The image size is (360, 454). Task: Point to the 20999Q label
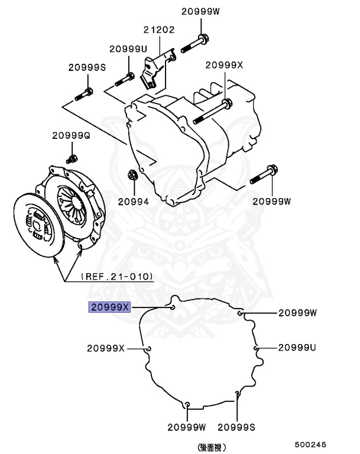pos(71,135)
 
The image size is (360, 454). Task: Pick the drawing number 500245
pos(311,444)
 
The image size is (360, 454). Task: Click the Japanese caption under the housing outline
pos(212,447)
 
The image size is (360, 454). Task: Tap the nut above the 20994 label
pos(132,175)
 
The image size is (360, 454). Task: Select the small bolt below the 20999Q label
pos(72,158)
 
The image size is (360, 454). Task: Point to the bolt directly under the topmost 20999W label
pos(195,42)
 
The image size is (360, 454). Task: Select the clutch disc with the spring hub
pos(39,224)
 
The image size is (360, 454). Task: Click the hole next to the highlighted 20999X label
pos(171,307)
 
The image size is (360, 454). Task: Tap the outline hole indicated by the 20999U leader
pos(256,348)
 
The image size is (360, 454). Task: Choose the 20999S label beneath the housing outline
pos(236,427)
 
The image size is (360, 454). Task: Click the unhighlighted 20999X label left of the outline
pos(106,348)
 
